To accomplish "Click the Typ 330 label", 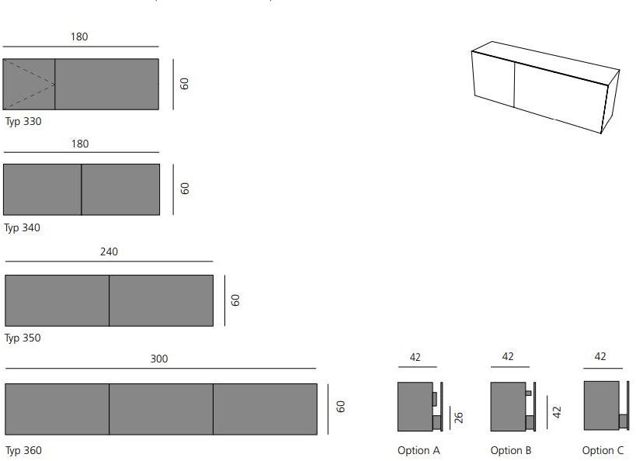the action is pos(23,122).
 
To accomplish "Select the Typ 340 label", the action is pos(23,228).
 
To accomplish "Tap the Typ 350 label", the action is pos(23,338).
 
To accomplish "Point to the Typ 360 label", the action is pos(23,450).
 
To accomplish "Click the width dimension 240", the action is pos(109,251).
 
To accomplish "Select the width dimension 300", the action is pos(159,359).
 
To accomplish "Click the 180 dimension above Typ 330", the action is pos(79,37).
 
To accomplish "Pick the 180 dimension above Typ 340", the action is pos(80,144).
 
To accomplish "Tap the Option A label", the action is pos(419,450).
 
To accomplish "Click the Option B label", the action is pos(511,450).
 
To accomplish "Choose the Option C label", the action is pos(603,450).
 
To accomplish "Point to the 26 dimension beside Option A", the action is pos(459,418).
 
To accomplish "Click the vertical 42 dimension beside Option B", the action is pos(557,412).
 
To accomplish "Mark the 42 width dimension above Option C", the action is pos(600,356).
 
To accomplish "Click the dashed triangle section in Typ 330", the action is pos(29,85).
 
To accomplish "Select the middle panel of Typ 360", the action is pos(161,409).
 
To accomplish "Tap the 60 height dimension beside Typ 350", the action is pos(235,300).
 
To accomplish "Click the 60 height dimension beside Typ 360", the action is pos(340,407).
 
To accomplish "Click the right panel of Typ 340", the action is pos(120,189).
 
